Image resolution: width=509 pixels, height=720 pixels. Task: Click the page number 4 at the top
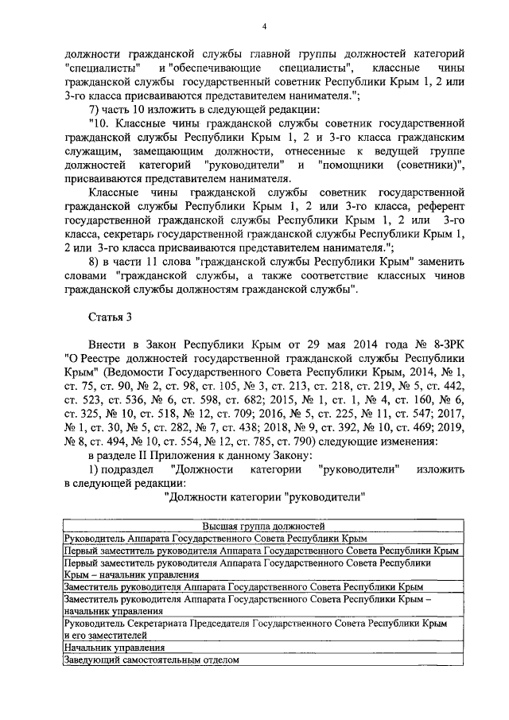click(x=263, y=29)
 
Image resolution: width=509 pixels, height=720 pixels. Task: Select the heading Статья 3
click(x=108, y=317)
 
